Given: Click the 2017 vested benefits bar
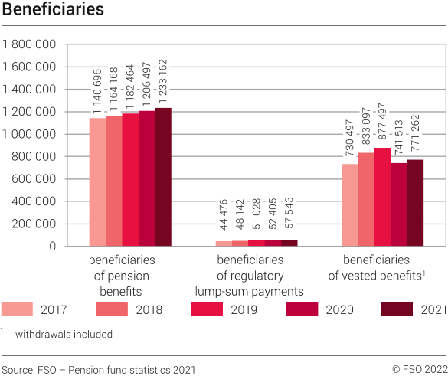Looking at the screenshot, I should click(349, 205).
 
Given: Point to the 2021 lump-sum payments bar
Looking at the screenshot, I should click(289, 243).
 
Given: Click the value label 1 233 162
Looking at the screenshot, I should click(162, 77).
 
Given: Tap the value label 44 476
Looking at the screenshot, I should click(224, 214).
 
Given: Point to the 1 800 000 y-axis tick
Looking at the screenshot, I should click(29, 44).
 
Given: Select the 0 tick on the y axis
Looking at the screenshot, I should click(53, 247).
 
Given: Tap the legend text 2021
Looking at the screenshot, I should click(430, 309).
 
